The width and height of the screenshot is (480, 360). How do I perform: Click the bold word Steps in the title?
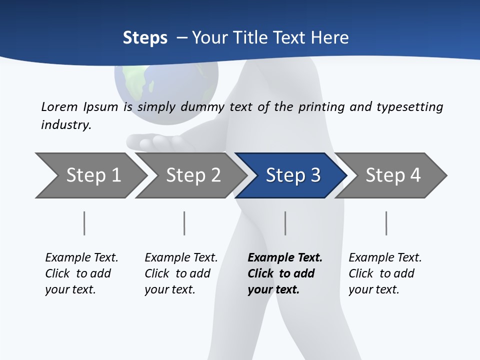tap(145, 38)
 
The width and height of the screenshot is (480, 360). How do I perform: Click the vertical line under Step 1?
tap(84, 223)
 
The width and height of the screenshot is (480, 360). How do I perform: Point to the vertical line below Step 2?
tap(184, 223)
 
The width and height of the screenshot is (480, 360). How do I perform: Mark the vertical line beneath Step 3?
tap(285, 223)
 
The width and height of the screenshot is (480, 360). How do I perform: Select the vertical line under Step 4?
tap(386, 223)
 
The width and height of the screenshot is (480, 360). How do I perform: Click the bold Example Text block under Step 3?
tap(285, 273)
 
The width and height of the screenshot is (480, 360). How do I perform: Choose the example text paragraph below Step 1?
tap(81, 273)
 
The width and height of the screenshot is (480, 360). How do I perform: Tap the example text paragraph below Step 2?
tap(181, 273)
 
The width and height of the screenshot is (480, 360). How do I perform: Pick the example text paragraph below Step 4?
tap(385, 273)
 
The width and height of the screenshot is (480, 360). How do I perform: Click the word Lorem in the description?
tap(59, 107)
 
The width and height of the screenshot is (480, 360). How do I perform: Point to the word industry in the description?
tap(66, 125)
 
